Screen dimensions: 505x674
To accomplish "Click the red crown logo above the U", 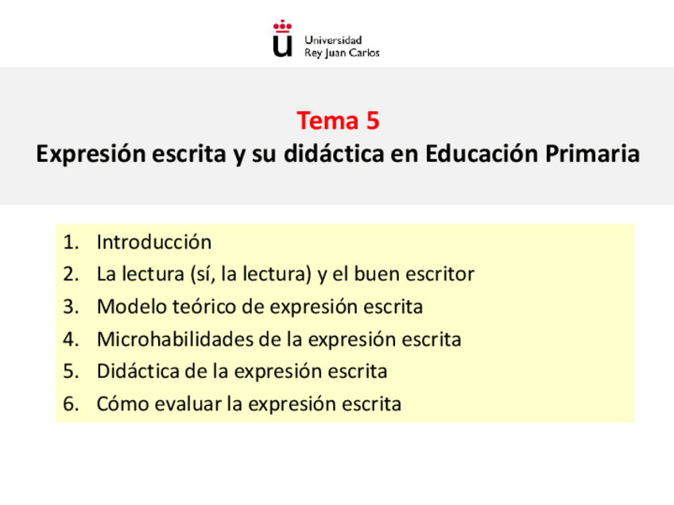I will [282, 26].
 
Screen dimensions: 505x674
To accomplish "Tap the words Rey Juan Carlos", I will [342, 53].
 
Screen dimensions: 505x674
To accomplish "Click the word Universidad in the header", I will [333, 40].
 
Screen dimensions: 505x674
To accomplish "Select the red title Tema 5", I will [338, 121].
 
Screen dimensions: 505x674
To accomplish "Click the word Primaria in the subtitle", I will [591, 153].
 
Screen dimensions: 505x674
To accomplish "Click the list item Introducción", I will [154, 242].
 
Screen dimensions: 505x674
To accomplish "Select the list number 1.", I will [70, 242].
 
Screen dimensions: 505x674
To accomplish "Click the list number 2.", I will [70, 275].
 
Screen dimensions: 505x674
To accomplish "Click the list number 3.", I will [70, 307].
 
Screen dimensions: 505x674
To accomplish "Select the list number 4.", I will [70, 340].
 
